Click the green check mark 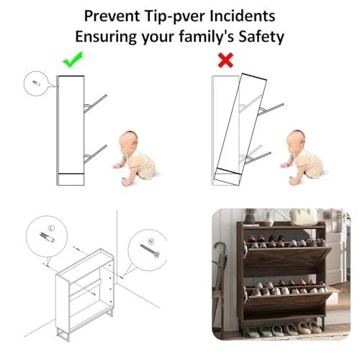click(72, 60)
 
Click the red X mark click(225, 60)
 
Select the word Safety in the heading click(261, 37)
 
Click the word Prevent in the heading click(112, 16)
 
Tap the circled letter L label click(51, 228)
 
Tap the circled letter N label click(151, 241)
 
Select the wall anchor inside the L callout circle click(47, 238)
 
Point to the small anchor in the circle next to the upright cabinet click(36, 83)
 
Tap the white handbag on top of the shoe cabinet click(304, 217)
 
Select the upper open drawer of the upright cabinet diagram click(95, 104)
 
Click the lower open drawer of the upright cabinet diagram click(95, 154)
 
